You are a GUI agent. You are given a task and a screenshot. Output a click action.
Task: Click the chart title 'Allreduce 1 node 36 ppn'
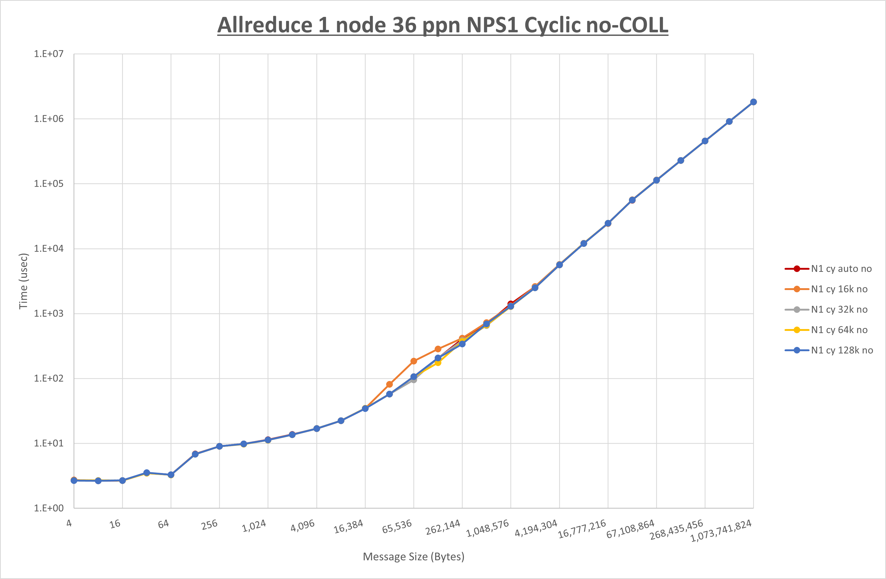pyautogui.click(x=443, y=25)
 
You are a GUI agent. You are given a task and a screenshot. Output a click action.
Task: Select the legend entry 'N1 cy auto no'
pyautogui.click(x=841, y=269)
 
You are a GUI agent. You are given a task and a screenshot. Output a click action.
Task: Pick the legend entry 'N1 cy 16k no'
pyautogui.click(x=839, y=289)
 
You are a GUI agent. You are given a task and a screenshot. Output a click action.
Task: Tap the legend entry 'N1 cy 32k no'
pyautogui.click(x=839, y=310)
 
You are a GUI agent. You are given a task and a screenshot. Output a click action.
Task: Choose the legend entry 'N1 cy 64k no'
pyautogui.click(x=839, y=330)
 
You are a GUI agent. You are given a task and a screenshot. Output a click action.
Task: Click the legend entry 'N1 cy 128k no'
pyautogui.click(x=842, y=350)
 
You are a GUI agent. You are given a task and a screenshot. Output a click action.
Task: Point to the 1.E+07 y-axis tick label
pyautogui.click(x=49, y=54)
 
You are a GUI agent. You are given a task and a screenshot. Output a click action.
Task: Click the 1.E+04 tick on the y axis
pyautogui.click(x=49, y=248)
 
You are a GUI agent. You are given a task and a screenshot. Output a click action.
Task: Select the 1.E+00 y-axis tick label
pyautogui.click(x=49, y=508)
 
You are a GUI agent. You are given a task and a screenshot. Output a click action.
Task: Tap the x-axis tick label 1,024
pyautogui.click(x=255, y=526)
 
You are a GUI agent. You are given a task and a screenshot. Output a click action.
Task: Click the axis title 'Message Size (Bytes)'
pyautogui.click(x=414, y=557)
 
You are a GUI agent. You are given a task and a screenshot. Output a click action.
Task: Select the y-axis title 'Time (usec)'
pyautogui.click(x=23, y=281)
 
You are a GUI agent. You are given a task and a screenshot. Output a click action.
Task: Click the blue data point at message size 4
pyautogui.click(x=74, y=481)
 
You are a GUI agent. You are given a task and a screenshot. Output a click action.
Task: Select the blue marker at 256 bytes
pyautogui.click(x=219, y=446)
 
